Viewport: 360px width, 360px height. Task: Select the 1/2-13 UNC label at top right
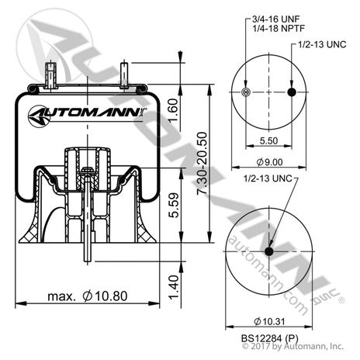click(x=320, y=45)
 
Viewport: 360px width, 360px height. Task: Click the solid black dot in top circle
click(x=292, y=93)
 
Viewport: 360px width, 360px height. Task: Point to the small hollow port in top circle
click(x=246, y=93)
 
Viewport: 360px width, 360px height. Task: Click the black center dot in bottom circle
click(x=269, y=251)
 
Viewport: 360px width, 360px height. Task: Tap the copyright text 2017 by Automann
click(x=289, y=350)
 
